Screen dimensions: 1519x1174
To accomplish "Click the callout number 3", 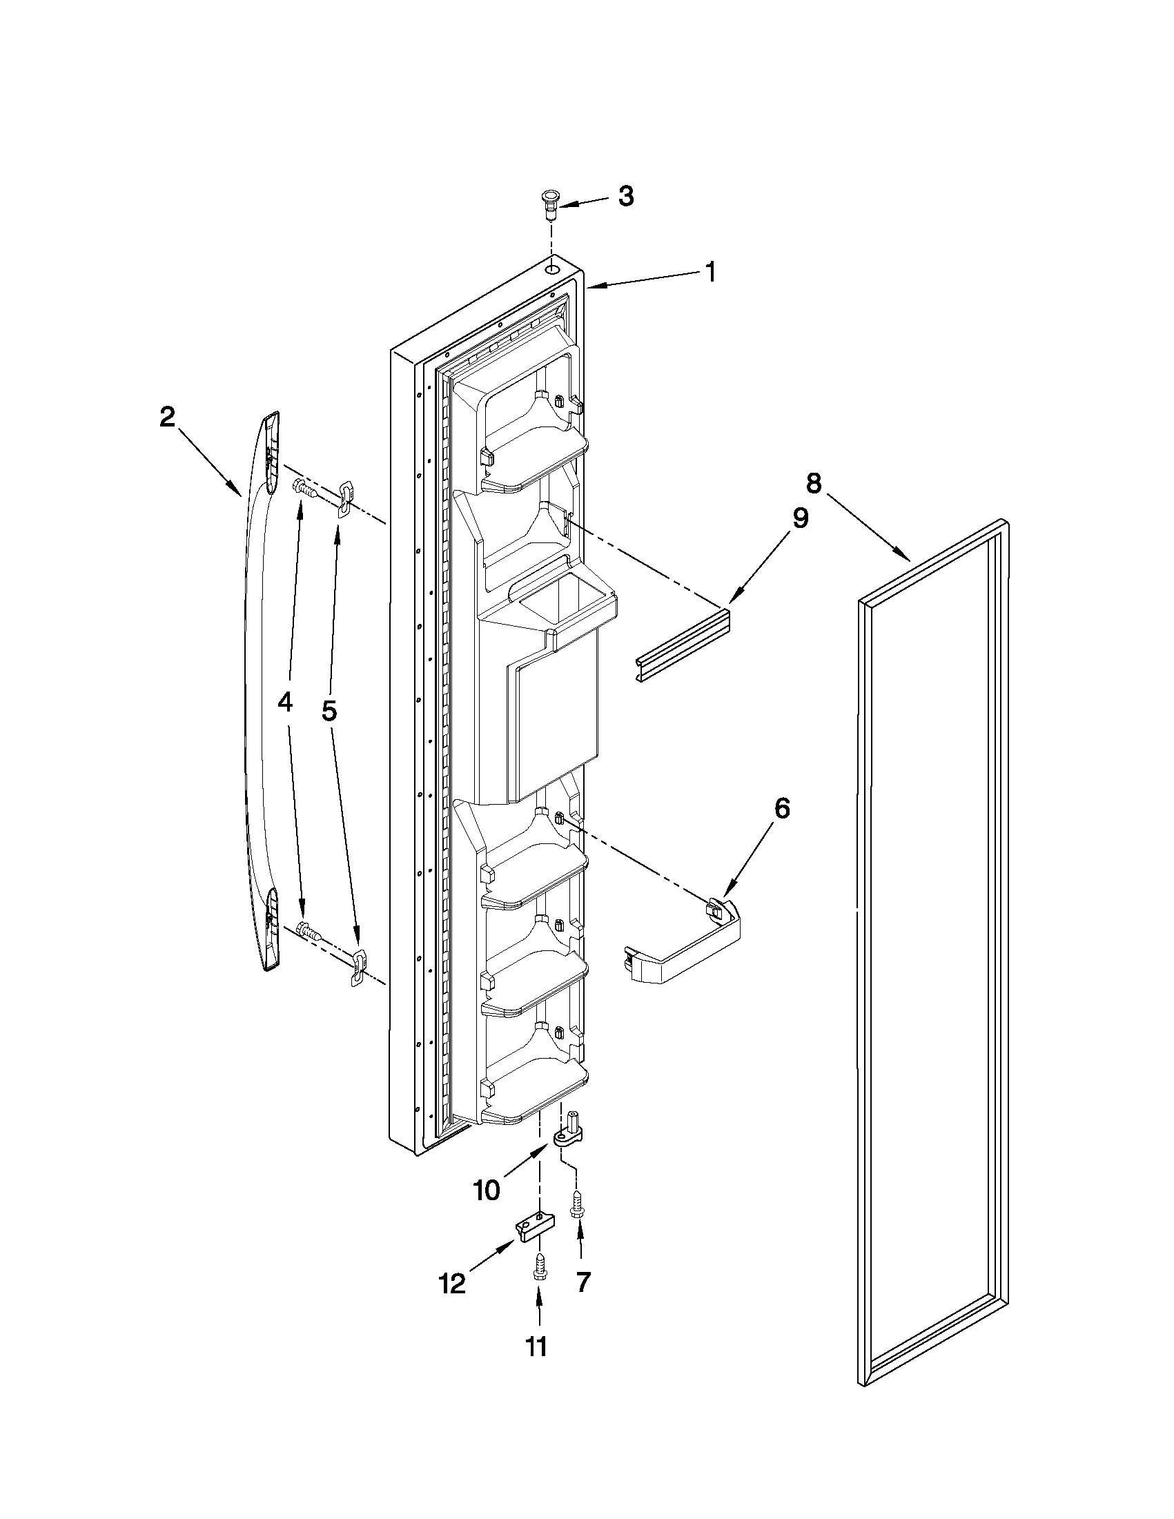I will (626, 197).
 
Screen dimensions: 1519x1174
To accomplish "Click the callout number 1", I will (710, 271).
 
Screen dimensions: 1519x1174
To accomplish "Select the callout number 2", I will (166, 418).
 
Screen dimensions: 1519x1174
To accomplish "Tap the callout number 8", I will (814, 482).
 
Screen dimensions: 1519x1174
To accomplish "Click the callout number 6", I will (782, 808).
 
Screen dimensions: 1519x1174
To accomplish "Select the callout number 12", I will (452, 1283).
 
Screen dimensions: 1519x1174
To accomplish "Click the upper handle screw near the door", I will (305, 488).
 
